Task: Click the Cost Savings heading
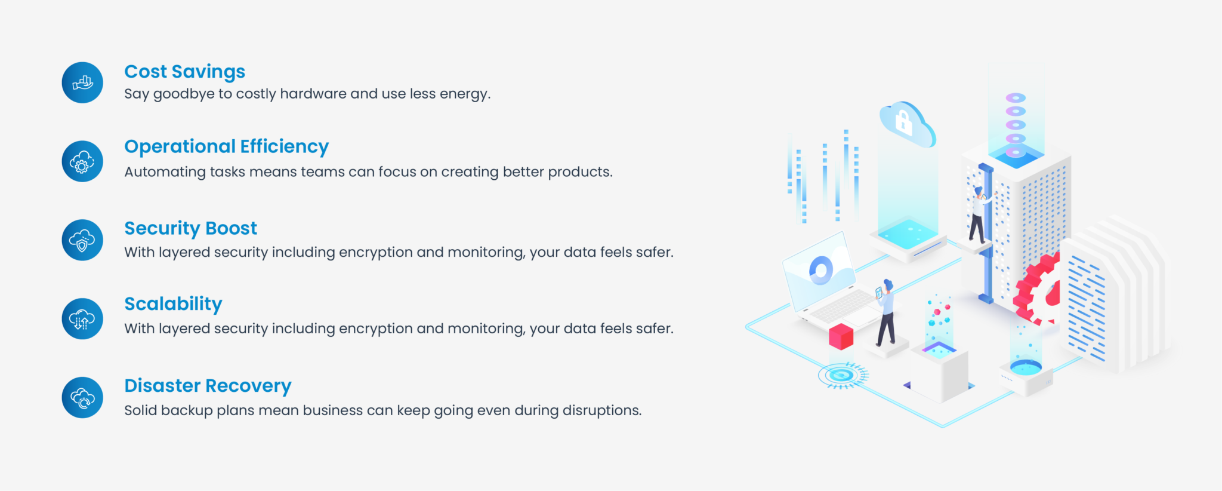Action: point(184,72)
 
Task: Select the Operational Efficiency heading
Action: point(226,146)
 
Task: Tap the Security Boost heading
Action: point(190,228)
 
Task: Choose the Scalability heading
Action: point(173,304)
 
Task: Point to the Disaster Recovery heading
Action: point(208,386)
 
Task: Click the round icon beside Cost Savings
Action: point(82,82)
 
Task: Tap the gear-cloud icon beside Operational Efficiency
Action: point(82,161)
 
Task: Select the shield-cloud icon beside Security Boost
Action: point(82,240)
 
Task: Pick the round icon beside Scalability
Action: point(82,319)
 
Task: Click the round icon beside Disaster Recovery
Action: point(82,397)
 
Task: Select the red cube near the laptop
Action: point(841,337)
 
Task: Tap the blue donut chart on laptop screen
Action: point(821,270)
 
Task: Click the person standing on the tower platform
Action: point(977,215)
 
